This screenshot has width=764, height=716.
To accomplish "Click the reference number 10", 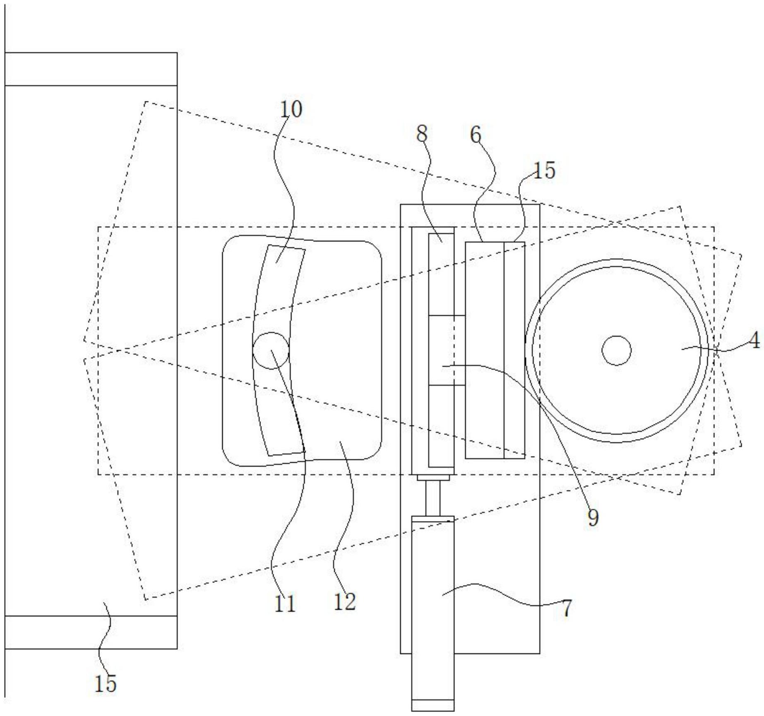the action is point(291,110).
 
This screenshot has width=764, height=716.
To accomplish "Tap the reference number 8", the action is point(422,134).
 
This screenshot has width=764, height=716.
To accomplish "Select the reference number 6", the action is point(476,135).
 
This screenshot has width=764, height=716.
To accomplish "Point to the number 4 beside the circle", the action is point(754,341).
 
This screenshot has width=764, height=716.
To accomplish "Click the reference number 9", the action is point(593,518).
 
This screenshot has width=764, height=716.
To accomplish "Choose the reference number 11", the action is point(285,604).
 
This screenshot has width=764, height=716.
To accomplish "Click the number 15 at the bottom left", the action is point(106,683).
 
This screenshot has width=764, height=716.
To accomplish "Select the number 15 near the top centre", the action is point(544,170).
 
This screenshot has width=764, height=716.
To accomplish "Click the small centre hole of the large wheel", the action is point(616,351).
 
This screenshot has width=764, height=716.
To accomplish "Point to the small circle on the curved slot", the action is point(271,351).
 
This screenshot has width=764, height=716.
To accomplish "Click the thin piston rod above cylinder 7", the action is point(433,498).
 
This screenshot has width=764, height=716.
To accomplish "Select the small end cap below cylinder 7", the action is point(433,705).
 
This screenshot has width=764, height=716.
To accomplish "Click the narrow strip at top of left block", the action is point(91,69).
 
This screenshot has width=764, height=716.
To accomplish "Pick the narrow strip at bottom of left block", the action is point(91,632).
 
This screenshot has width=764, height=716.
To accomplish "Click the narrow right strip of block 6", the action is point(514,350).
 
